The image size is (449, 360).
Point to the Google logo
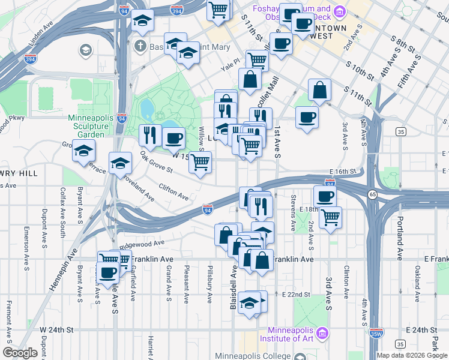[20, 353]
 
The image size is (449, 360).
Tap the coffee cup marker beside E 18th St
[325, 196]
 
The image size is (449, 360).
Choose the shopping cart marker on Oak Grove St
[200, 162]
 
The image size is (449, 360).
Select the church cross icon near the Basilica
[140, 46]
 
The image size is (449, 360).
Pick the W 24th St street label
[56, 330]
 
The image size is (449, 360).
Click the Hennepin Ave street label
[62, 270]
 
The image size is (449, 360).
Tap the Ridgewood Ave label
[142, 244]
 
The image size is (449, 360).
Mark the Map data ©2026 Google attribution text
[412, 355]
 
